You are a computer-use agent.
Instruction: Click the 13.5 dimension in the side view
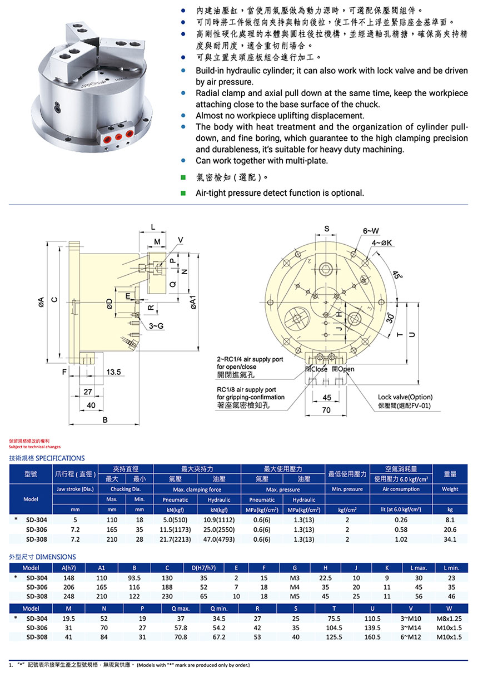[x=114, y=372]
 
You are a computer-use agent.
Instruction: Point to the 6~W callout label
[x=371, y=231]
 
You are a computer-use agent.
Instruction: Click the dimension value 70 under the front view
[x=327, y=410]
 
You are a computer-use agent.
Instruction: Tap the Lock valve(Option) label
[x=405, y=397]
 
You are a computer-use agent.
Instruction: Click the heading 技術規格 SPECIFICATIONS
[x=47, y=458]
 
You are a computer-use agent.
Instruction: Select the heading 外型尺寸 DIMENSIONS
[x=43, y=557]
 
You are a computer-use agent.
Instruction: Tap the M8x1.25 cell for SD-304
[x=449, y=618]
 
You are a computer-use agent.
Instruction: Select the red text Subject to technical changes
[x=35, y=447]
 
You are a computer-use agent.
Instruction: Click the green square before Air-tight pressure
[x=183, y=193]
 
